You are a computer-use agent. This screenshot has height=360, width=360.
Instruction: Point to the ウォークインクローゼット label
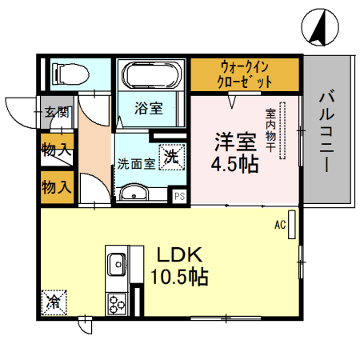pos(245,74)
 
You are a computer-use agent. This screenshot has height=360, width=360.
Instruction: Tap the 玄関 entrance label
pos(56,112)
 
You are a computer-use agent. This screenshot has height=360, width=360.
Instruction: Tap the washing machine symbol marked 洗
pos(171,157)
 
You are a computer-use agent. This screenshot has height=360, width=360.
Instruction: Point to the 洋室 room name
pos(234,142)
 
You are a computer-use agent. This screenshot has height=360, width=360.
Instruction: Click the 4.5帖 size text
pos(234,166)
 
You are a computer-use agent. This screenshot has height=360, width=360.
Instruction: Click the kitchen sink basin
pos(116,262)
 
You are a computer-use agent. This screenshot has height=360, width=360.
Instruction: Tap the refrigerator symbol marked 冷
pos(54,302)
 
